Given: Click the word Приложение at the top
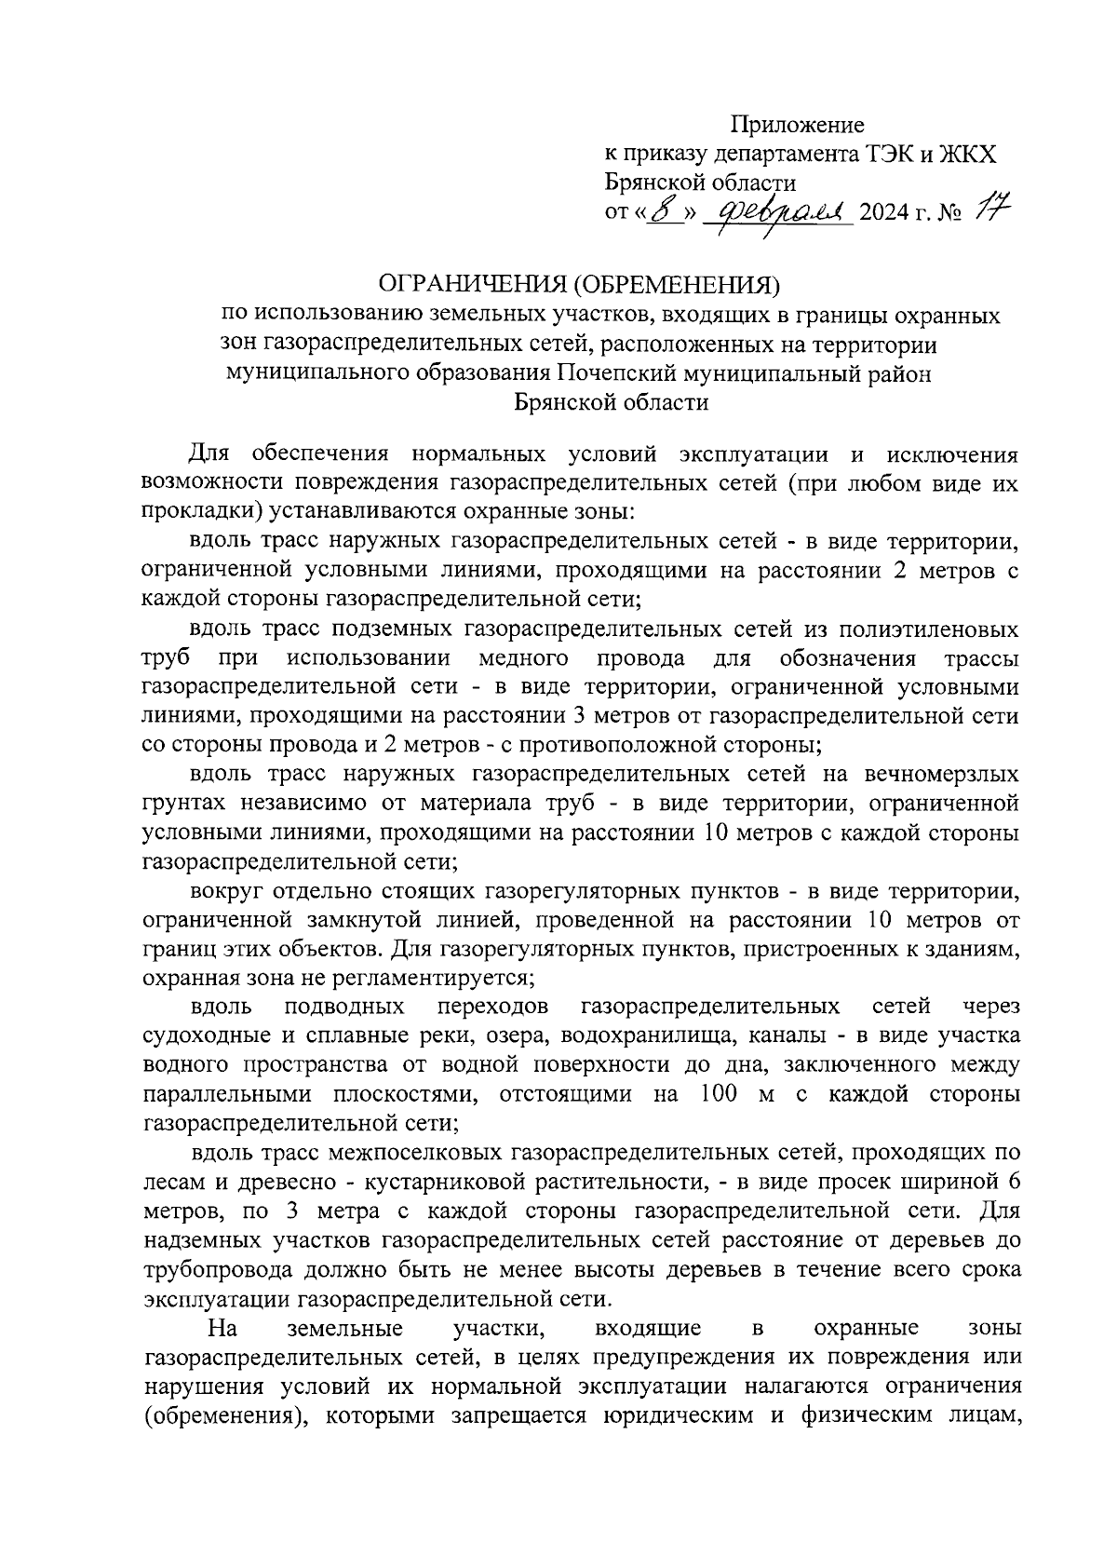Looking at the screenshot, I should pyautogui.click(x=797, y=125).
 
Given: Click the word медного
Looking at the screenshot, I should pyautogui.click(x=523, y=659).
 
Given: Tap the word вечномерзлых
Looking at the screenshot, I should pyautogui.click(x=941, y=774).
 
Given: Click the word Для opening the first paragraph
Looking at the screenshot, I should pyautogui.click(x=209, y=455).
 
